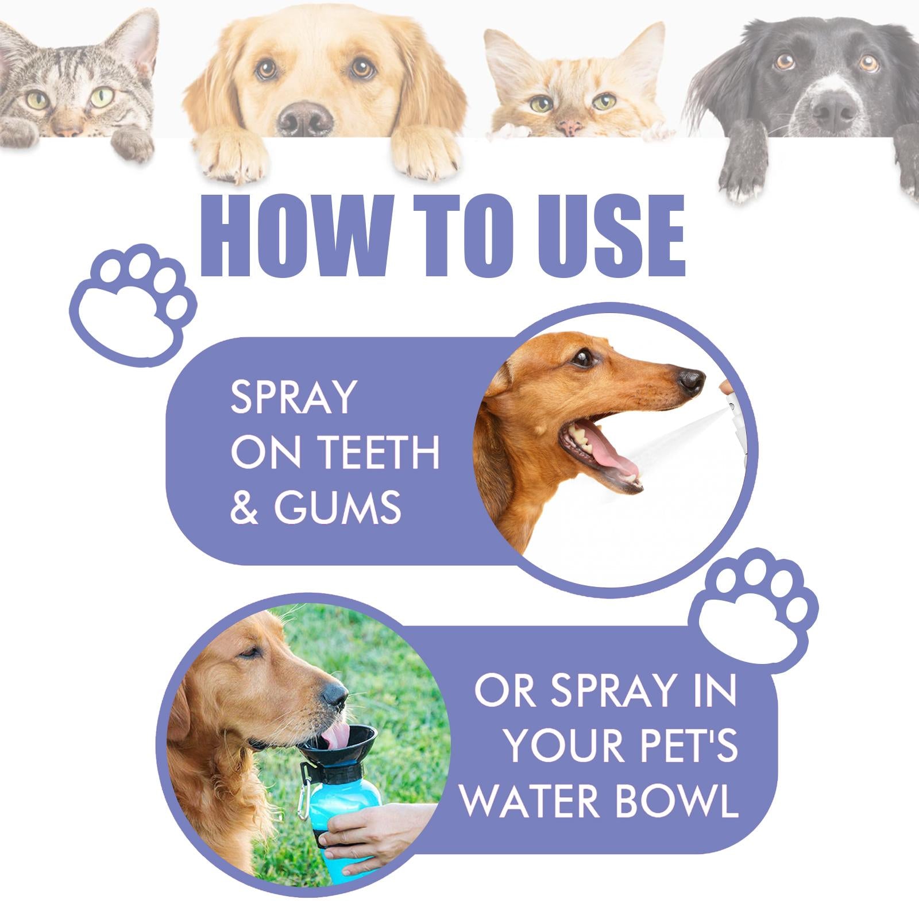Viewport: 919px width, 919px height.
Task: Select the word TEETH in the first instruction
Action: click(x=379, y=453)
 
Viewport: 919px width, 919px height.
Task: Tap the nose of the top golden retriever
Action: click(x=304, y=116)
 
